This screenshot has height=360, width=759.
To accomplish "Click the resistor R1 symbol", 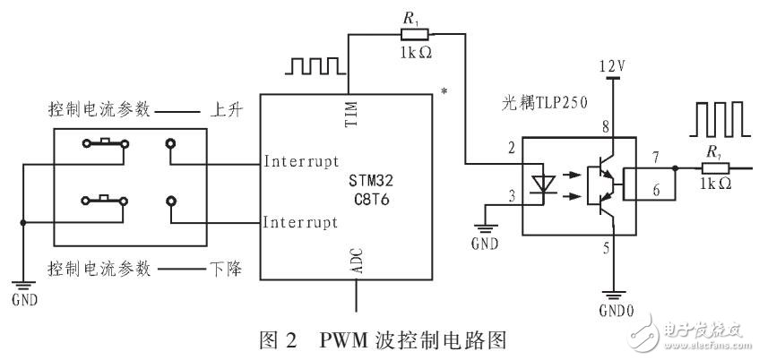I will (410, 34).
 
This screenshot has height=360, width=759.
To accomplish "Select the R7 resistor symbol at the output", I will (713, 167).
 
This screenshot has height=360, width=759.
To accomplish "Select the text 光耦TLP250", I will (542, 103).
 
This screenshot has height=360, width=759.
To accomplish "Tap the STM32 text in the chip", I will (370, 177).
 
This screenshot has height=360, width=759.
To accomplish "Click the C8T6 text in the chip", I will (370, 197).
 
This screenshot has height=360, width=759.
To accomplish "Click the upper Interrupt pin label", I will (300, 162).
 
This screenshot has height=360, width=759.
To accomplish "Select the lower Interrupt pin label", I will (300, 221).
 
